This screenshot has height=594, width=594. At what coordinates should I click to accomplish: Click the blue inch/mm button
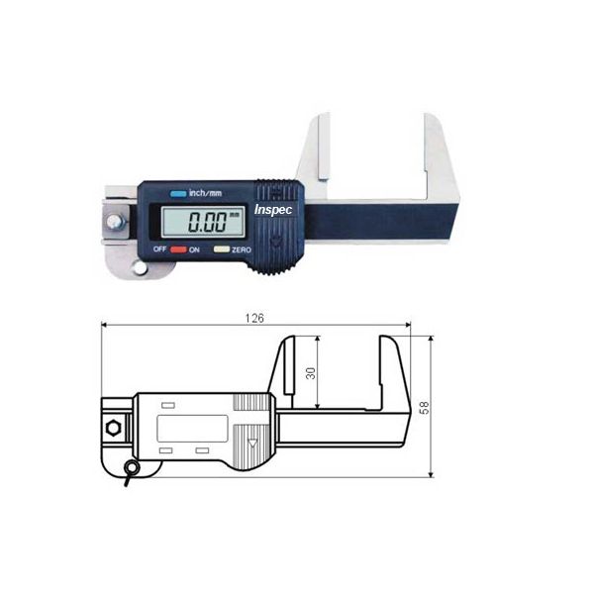pos(178,194)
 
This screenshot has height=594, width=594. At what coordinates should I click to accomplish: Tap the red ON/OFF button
pos(178,250)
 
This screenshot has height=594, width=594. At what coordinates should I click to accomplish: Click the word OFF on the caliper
pos(159,250)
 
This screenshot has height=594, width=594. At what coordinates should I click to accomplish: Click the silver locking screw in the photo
pos(117,224)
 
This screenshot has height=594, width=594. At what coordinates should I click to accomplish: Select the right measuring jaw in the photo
pos(434,148)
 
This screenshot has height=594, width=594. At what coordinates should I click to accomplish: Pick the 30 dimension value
pos(310,372)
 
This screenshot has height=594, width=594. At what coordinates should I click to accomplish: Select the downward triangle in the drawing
pos(252,443)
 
